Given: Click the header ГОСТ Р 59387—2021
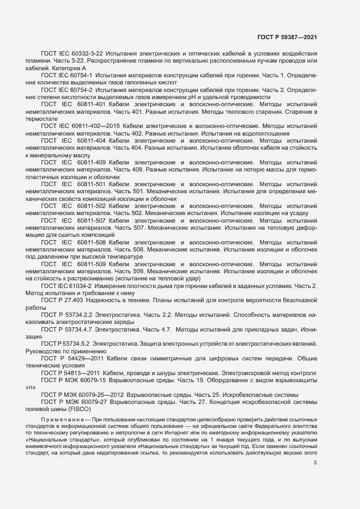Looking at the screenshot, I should tap(287, 37).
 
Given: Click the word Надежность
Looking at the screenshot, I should tap(109, 300).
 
